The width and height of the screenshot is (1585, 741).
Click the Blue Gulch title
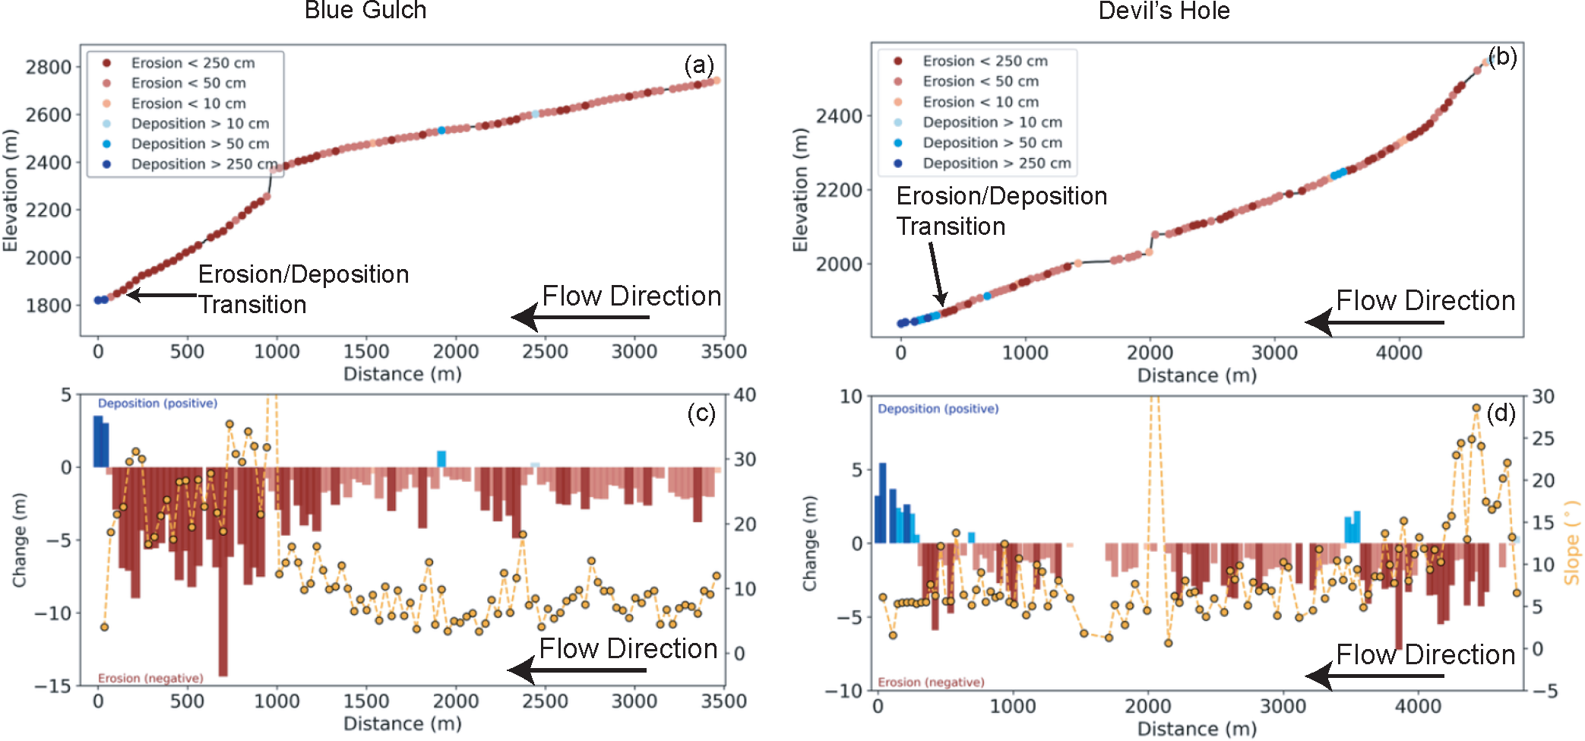(365, 11)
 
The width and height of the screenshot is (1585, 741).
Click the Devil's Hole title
(1163, 11)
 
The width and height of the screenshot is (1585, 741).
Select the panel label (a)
(699, 65)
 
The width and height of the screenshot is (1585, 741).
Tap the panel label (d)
(1501, 413)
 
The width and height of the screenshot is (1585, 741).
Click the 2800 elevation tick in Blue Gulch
(49, 68)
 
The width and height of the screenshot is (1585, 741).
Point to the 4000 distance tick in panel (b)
(1399, 353)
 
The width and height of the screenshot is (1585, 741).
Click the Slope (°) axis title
(1571, 542)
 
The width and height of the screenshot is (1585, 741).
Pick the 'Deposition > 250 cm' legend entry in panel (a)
(204, 164)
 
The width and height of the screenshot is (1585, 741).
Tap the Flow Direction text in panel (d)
(1425, 654)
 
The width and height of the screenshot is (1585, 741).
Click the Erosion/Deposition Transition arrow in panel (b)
(936, 274)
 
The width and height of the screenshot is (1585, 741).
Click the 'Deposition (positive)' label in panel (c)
(157, 404)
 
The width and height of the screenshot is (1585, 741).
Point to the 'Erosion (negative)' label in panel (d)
(931, 682)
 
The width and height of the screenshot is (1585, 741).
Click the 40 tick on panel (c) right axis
(745, 395)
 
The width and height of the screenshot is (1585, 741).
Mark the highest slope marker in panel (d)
(1476, 408)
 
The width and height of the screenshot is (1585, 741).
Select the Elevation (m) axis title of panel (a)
(10, 191)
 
